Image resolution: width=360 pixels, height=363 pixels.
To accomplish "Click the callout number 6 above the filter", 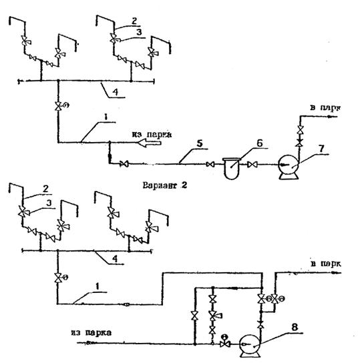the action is coord(260,143).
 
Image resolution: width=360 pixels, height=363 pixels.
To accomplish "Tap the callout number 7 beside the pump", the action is coord(321,149).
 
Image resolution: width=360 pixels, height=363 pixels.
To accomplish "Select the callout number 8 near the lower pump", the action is coord(295,328).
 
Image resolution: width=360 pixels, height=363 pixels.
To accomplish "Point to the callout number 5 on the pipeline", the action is coord(200,143).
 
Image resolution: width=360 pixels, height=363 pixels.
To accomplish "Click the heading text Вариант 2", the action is coord(165,186).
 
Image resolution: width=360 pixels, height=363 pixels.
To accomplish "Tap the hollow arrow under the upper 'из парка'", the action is coord(150,143).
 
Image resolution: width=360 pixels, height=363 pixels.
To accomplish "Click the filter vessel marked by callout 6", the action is coord(232,169).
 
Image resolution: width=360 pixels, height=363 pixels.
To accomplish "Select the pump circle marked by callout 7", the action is coord(289,165).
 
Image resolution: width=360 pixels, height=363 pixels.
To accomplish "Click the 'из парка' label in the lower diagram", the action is coord(92,333).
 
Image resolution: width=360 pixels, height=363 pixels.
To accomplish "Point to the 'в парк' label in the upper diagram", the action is coord(325,107).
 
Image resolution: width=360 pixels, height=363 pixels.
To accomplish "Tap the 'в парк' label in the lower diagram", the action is coord(325,264).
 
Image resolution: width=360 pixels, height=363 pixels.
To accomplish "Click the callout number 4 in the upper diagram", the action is coord(115,91).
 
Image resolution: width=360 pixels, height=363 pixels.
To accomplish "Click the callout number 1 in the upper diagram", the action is coord(106,117).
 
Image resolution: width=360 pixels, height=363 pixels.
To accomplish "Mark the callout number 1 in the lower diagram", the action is coord(98,287).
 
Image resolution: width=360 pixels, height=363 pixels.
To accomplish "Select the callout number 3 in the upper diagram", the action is coord(139,32).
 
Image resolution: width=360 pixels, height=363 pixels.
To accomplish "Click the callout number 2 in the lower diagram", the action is coord(46,189).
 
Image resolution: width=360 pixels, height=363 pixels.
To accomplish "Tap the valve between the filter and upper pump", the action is coord(252,165).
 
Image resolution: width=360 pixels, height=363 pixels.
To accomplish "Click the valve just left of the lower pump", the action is coord(224,344).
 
